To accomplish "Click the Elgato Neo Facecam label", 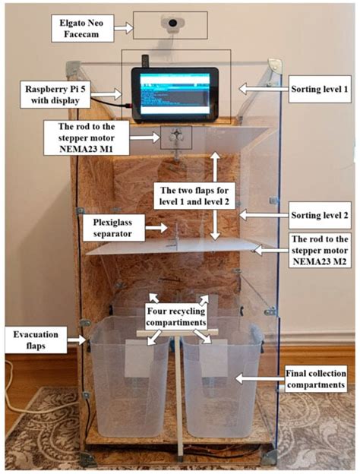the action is coord(82,28).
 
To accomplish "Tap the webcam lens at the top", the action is coord(172,23).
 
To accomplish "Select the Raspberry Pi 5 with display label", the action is coord(55,95).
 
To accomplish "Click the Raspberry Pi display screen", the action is coord(175,93).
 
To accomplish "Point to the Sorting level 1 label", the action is coord(320,89).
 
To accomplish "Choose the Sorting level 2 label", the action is coord(320,215).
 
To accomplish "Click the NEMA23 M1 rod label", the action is coord(87,137).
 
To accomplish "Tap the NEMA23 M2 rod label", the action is coord(320,251).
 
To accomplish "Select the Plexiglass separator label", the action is coord(112,228).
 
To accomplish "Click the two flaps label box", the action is coord(194,196).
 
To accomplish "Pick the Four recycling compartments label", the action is coord(175,317).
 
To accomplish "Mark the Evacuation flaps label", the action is coord(36,340).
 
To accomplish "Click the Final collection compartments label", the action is coord(316,379).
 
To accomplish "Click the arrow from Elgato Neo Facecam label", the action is coord(123,28).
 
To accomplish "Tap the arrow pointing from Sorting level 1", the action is coord(264,89).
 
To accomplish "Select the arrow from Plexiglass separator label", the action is coord(156,228).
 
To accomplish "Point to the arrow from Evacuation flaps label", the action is coord(77,340).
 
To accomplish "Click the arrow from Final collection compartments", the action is coord(260,379).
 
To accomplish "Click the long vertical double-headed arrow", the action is coord(215,196).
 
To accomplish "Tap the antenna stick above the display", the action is coord(145,62).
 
